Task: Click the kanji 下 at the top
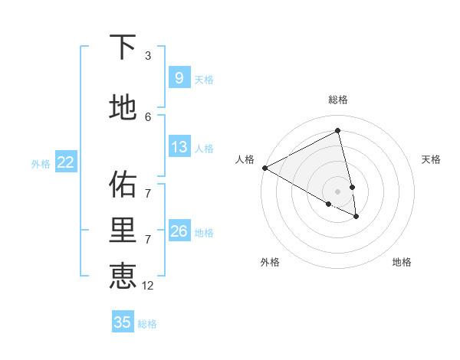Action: coord(123,48)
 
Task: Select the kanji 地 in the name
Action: coord(123,107)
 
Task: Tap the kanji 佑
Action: coord(123,185)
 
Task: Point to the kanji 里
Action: coord(123,231)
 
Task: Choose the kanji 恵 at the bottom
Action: coord(123,276)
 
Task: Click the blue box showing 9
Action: coord(179,77)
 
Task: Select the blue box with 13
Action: coord(179,147)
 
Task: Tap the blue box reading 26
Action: coord(179,231)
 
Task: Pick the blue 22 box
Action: coord(66,162)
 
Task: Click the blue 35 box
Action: coord(123,322)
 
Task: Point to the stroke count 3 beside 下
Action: coord(148,56)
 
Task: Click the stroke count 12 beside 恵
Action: coord(148,286)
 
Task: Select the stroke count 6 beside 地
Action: coord(148,116)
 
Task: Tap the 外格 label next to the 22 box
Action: coord(41,163)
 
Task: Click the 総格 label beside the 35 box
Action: coord(147,324)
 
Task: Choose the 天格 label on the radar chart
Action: coord(431,159)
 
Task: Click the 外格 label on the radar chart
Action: coord(270,262)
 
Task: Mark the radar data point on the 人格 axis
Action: coord(264,168)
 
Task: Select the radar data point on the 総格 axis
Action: coord(337,130)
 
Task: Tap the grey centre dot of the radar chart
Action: coord(337,191)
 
